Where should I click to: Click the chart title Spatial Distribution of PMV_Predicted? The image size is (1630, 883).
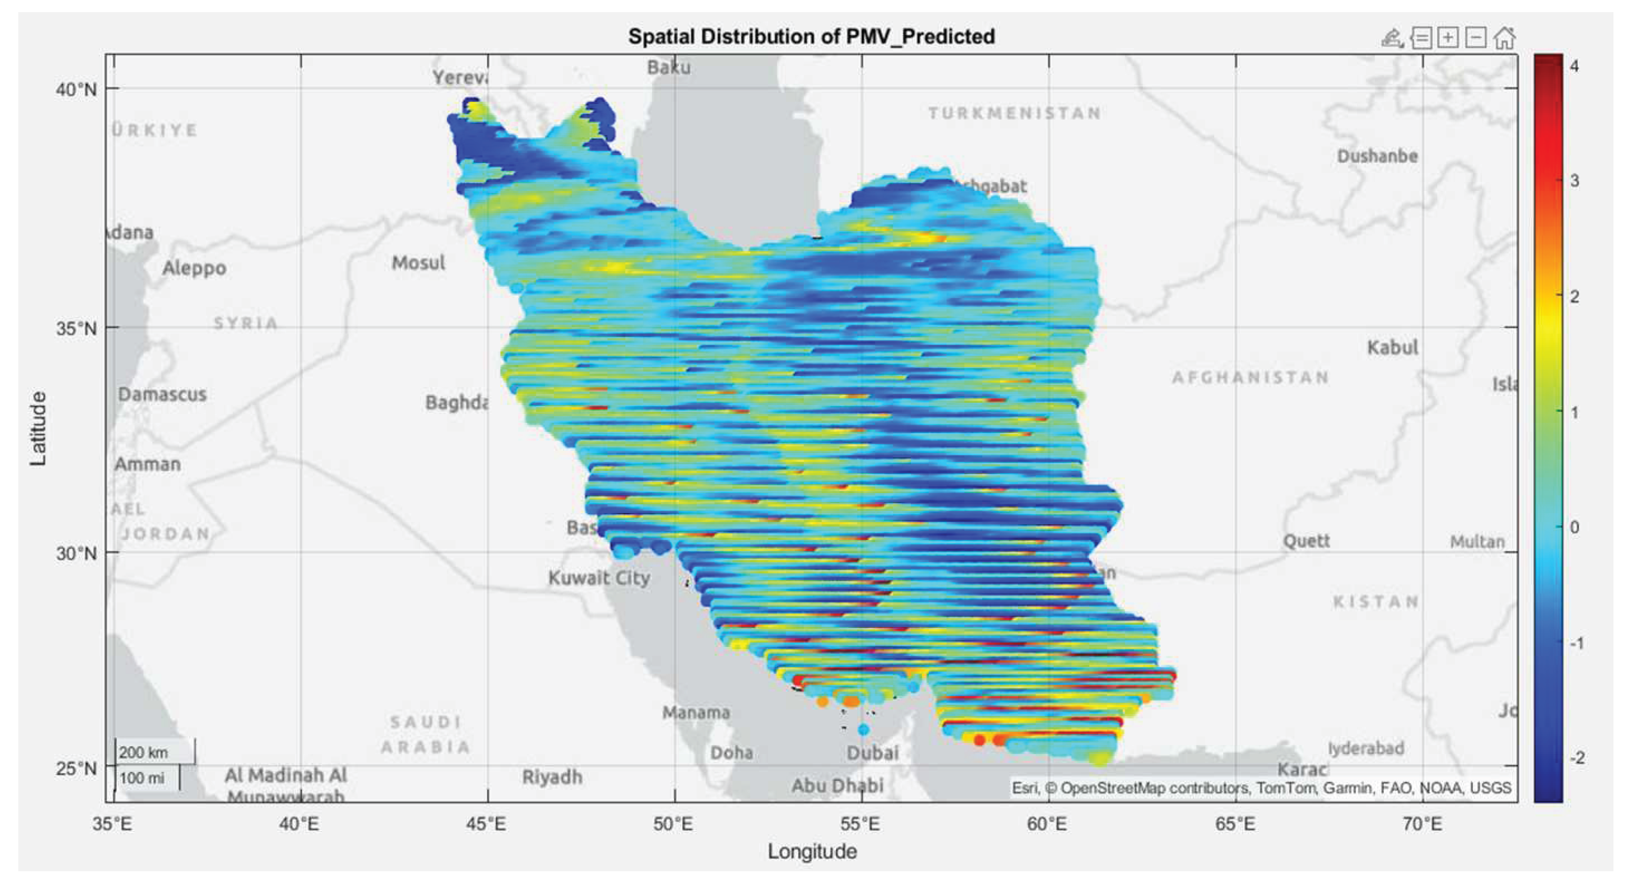tap(811, 36)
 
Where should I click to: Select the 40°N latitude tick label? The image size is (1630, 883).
tap(77, 89)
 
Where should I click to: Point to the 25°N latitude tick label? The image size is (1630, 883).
tap(77, 769)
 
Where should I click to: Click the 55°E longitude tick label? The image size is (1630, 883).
tap(862, 824)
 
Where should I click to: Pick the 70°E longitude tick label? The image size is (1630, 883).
tap(1422, 824)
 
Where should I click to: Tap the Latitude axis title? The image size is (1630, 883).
tap(38, 429)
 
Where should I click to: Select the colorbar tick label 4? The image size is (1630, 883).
tap(1574, 66)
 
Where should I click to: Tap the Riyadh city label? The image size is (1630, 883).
tap(552, 777)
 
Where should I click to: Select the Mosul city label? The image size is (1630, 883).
tap(418, 263)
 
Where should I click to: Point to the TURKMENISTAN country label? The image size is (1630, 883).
tap(1014, 113)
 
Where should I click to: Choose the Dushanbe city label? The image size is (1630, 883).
tap(1377, 156)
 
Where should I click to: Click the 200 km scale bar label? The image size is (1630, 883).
tap(144, 752)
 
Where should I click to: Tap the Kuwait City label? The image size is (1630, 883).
tap(599, 577)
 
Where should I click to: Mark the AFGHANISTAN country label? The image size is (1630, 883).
tap(1250, 378)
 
